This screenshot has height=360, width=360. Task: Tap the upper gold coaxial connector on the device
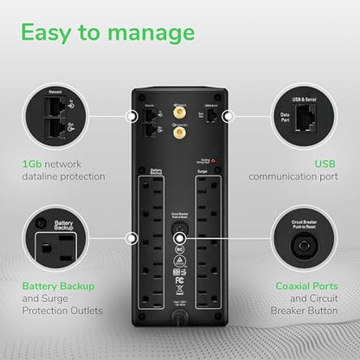tap(183, 112)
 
